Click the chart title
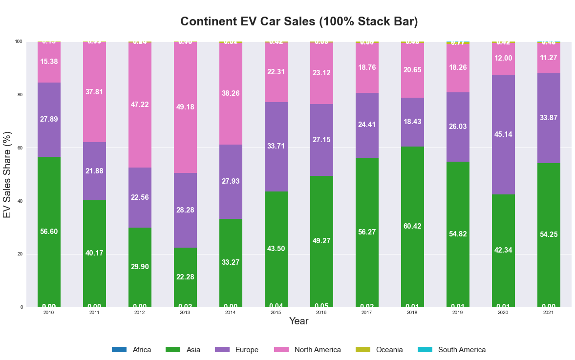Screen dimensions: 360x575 [298, 21]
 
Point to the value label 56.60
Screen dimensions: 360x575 [49, 232]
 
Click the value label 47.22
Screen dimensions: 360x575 [140, 105]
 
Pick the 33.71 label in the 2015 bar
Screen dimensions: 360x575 [276, 146]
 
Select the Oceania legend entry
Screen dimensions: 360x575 [389, 350]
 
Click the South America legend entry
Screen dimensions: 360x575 [461, 350]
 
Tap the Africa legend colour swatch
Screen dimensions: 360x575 [119, 350]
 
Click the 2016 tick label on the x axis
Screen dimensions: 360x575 [321, 312]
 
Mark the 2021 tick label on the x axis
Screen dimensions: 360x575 [549, 312]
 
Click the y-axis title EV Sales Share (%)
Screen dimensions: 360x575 [7, 174]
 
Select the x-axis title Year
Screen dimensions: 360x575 [298, 321]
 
